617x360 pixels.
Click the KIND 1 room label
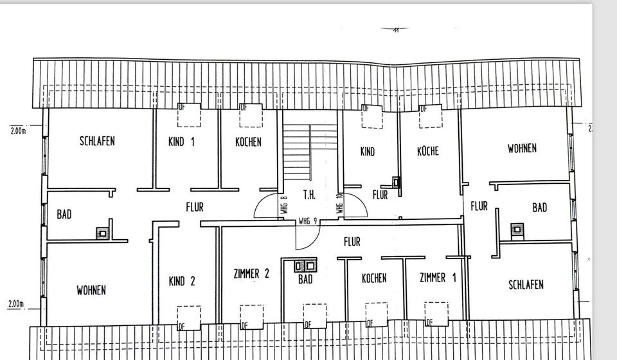point(181,142)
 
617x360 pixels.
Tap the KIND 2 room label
point(181,281)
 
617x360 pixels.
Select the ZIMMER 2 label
point(251,274)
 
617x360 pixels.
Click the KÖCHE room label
point(427,151)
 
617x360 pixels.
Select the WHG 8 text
point(283,204)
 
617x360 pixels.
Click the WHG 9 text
point(308,221)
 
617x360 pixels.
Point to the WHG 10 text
point(339,204)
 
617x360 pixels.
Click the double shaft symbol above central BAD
point(305,264)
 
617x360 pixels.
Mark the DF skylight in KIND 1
point(189,115)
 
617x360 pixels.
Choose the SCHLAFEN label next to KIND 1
point(97,141)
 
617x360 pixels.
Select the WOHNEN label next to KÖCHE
point(522,148)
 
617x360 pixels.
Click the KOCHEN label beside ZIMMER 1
point(374,278)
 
